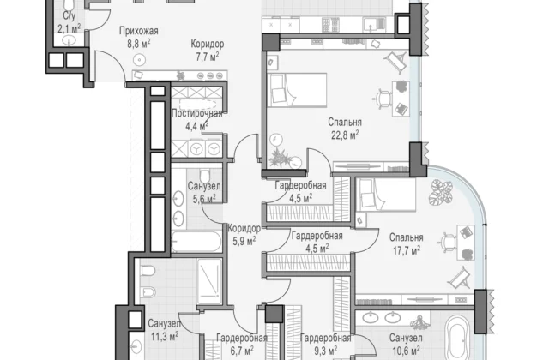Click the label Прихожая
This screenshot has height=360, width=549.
tap(139, 31)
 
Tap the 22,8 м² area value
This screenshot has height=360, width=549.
tap(345, 135)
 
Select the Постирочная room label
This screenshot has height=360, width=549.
tap(197, 113)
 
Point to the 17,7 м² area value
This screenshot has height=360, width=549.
tap(406, 250)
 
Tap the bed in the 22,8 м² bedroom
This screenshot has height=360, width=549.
tap(297, 90)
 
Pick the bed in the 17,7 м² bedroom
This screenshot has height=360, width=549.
tap(386, 195)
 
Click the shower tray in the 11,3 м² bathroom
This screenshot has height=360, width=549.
tap(209, 281)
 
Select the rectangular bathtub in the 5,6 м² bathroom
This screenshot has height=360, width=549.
tap(196, 242)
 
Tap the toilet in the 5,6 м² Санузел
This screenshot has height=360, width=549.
tap(205, 175)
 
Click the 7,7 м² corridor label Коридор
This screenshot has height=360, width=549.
tap(208, 45)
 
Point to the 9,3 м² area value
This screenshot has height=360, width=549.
tap(326, 351)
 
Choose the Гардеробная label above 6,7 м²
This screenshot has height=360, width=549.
tap(242, 338)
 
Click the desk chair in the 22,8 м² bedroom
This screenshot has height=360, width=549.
tap(384, 97)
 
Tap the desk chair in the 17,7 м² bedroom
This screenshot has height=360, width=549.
tap(447, 242)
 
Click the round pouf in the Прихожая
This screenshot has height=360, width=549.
tap(140, 60)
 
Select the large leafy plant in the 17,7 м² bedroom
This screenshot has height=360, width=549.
tap(441, 192)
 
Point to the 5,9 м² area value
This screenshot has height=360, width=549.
tap(244, 241)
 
